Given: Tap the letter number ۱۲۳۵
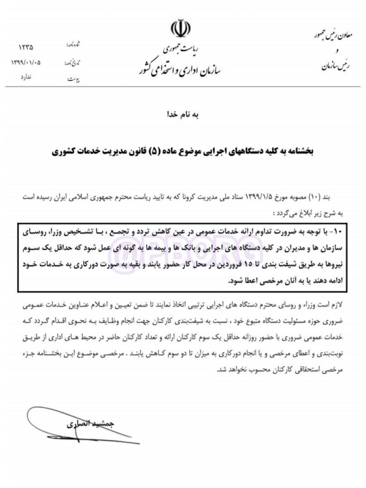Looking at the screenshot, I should click(26, 48).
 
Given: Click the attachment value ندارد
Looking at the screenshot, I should click(26, 77).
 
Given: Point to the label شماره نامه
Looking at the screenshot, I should click(73, 45).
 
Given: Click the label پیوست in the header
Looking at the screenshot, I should click(73, 79).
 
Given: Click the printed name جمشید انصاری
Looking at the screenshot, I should click(90, 424).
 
